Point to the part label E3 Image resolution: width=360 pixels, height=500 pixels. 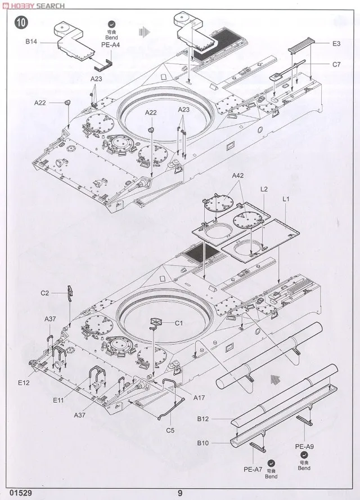pos(336,43)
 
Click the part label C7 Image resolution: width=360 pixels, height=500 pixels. pos(336,65)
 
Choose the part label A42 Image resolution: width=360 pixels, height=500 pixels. pos(237,176)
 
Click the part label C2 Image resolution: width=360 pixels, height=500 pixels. pos(45,293)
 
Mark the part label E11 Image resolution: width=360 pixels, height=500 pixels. pos(58,401)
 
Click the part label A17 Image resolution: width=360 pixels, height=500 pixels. pos(199,398)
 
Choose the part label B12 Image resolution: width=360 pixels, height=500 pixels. pos(203,418)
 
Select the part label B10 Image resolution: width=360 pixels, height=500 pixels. pos(203,444)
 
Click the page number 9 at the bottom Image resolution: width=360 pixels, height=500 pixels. pos(180,493)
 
